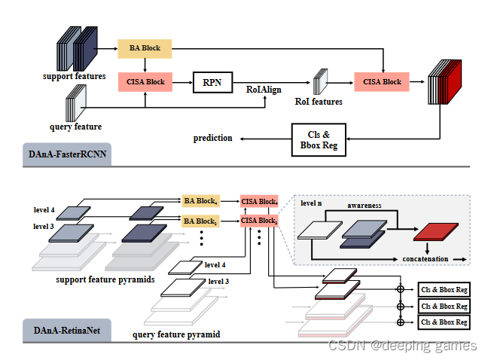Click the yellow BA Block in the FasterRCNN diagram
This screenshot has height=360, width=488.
point(144,48)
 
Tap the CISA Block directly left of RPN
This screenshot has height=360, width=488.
point(146,81)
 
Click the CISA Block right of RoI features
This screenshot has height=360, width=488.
point(382,81)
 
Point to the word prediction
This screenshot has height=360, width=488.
point(213,138)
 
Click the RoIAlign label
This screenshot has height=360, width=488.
point(264,89)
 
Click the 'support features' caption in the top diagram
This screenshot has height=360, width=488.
point(74,76)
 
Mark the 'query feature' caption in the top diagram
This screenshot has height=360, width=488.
point(75,127)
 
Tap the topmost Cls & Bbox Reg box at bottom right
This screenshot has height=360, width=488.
point(444,289)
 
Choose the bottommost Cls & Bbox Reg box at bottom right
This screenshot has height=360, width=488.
point(444,322)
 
